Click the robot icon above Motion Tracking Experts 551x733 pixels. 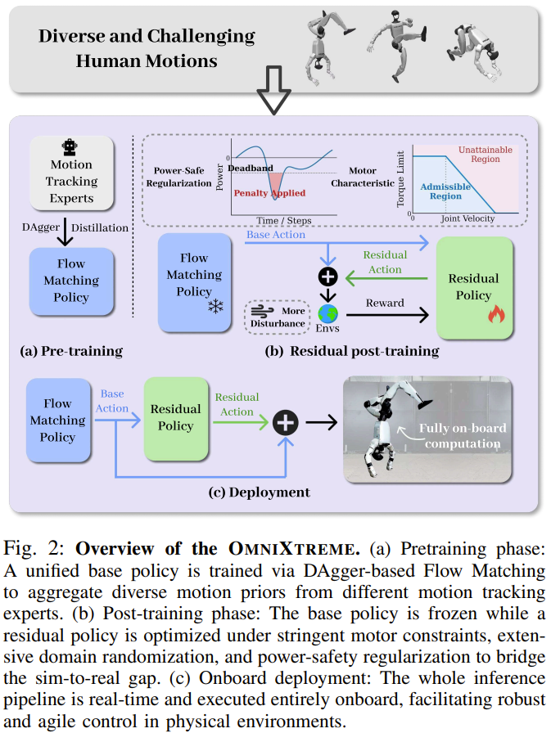70,147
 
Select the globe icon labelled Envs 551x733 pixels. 328,314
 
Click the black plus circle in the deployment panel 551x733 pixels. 286,422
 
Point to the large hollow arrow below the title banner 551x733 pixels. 273,92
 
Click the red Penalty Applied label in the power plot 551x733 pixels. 272,194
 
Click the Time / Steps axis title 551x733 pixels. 282,222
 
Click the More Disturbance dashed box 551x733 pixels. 276,317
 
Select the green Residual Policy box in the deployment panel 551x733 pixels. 175,417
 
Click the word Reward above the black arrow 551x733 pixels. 385,303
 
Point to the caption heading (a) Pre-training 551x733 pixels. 71,352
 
